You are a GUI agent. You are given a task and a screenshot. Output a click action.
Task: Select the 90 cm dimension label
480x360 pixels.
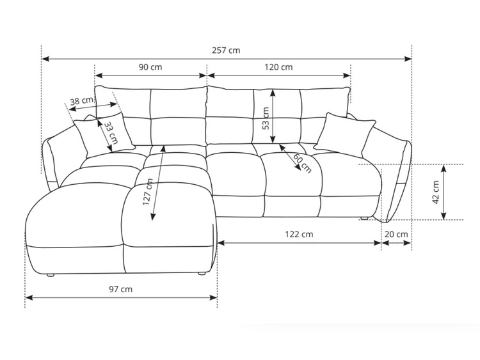pos(150,67)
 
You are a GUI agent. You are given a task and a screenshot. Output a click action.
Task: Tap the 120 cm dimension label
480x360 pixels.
pos(279,67)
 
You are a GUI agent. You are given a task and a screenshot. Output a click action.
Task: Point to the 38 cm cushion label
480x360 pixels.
pos(79,100)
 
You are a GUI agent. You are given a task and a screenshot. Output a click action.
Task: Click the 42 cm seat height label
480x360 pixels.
pos(436,191)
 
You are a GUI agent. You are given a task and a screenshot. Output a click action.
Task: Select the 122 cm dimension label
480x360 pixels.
pos(299,234)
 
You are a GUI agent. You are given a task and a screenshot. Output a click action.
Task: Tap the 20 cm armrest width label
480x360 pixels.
pos(396,234)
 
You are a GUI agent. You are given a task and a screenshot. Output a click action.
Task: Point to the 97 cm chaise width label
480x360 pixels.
pos(120,289)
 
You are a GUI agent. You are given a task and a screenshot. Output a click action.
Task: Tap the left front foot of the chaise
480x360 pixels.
pos(51,275)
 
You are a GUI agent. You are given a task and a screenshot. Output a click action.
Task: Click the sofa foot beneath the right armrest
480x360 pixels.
pos(364,219)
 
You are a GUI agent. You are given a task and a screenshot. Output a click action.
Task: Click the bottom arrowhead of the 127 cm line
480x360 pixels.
pos(152,218)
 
